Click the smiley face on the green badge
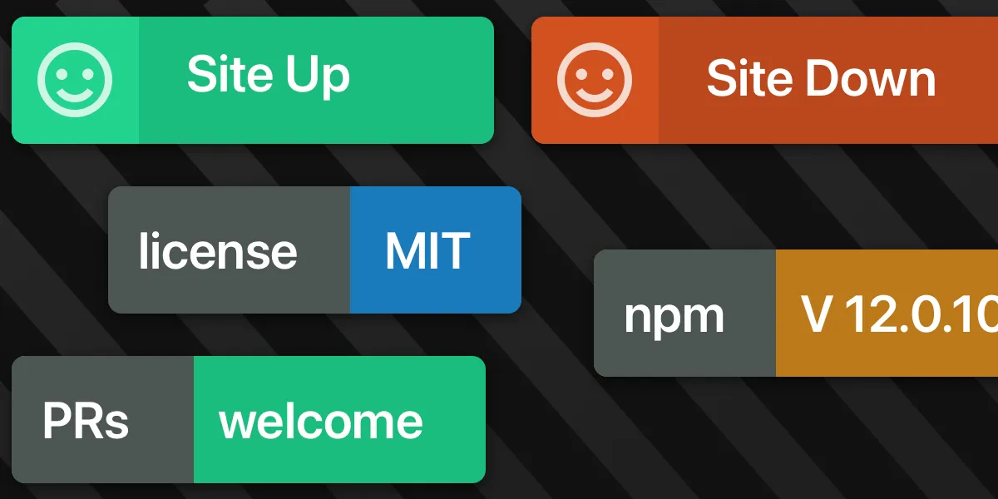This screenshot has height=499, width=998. click(75, 80)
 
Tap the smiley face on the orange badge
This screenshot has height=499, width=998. click(595, 80)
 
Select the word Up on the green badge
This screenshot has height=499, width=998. click(318, 77)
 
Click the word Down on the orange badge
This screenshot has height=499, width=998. click(871, 79)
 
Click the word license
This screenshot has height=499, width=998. click(218, 250)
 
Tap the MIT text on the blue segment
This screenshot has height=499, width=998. click(427, 251)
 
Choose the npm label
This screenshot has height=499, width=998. click(674, 317)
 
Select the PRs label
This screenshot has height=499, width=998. click(86, 421)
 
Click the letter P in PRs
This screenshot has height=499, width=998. click(57, 421)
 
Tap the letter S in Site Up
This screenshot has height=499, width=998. click(201, 73)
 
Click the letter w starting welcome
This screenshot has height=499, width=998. click(236, 423)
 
